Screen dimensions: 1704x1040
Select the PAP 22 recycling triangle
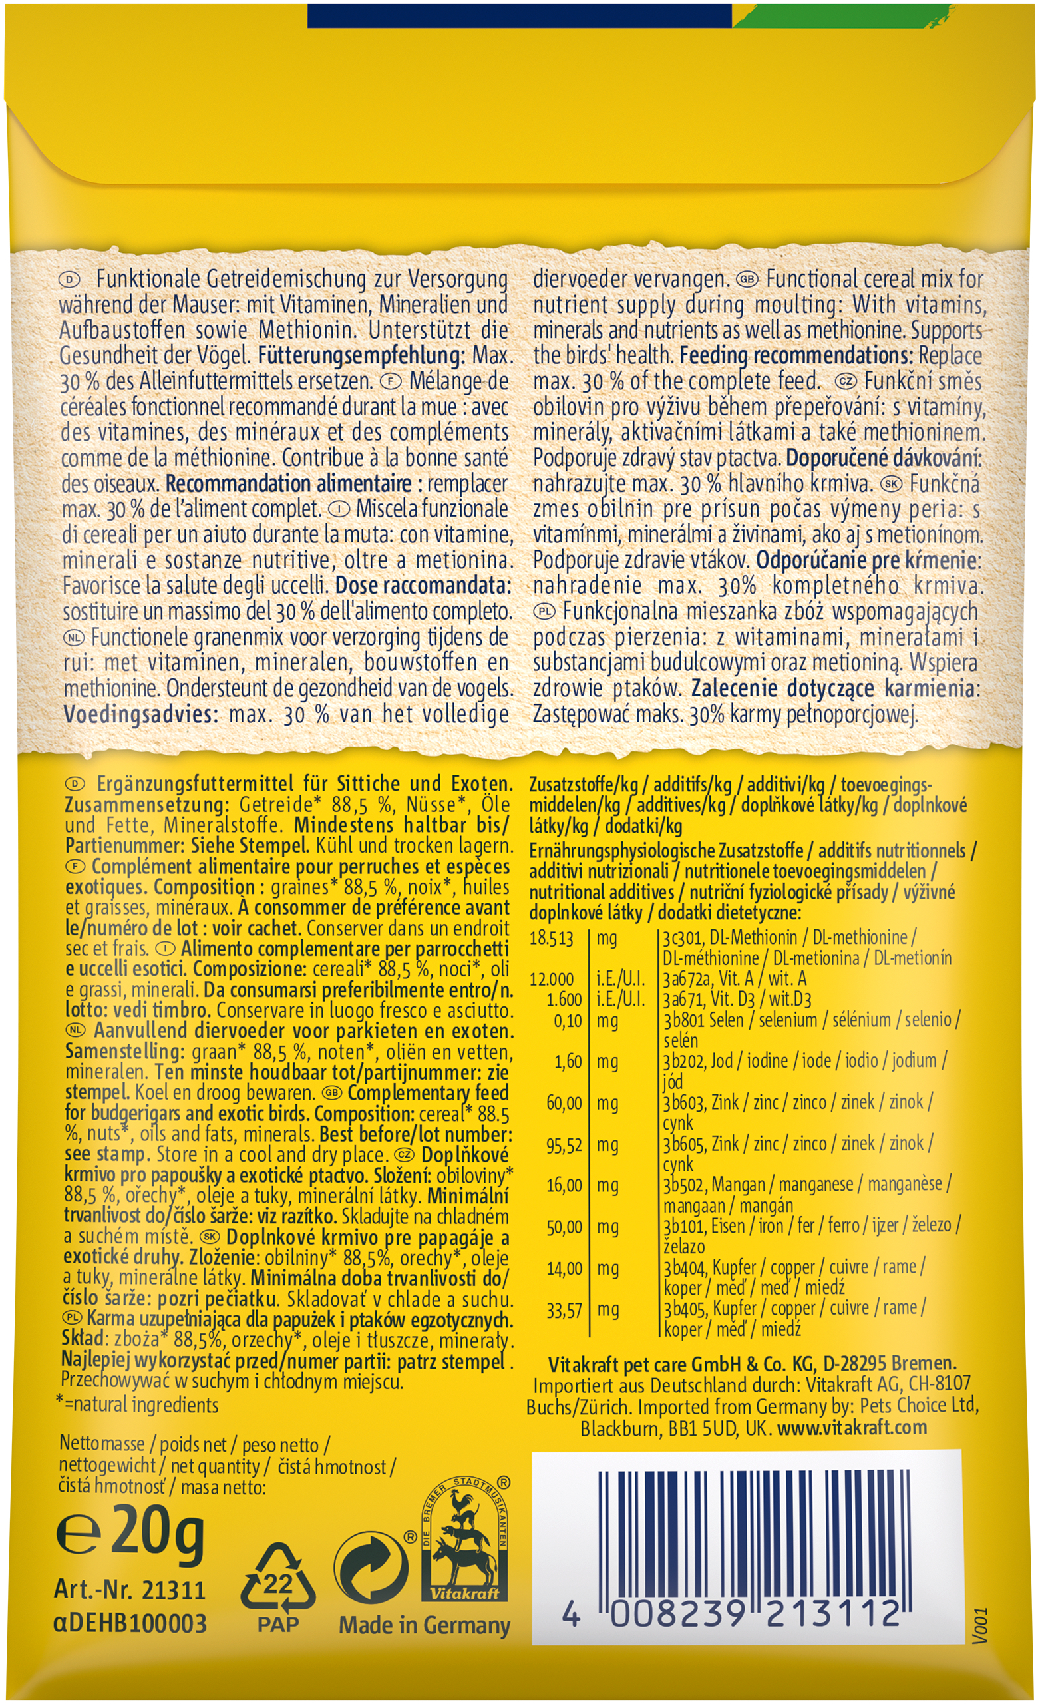(278, 1579)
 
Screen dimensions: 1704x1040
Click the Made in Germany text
(424, 1625)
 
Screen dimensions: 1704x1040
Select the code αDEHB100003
(130, 1623)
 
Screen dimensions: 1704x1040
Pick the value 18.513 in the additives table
(551, 939)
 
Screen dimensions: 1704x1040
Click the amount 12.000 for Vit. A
(551, 979)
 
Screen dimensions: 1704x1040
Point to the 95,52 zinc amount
(564, 1146)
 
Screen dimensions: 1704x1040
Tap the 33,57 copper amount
(564, 1310)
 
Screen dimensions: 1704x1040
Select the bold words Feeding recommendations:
(796, 356)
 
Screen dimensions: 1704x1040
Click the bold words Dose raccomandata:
(423, 586)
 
